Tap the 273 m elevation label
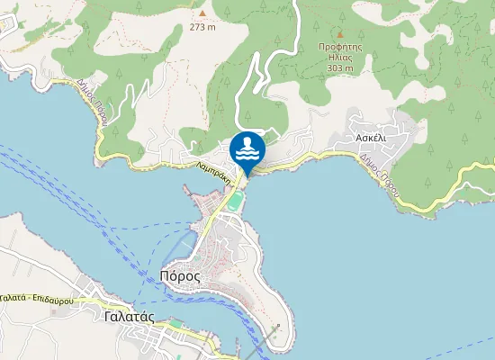(x=202, y=26)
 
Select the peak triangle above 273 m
(x=202, y=13)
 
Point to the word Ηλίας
(x=339, y=56)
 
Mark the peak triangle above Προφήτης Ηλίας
(x=339, y=34)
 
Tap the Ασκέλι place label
(x=370, y=139)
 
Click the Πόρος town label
(x=179, y=275)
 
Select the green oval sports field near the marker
(x=234, y=202)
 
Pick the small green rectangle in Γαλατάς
(x=175, y=320)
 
